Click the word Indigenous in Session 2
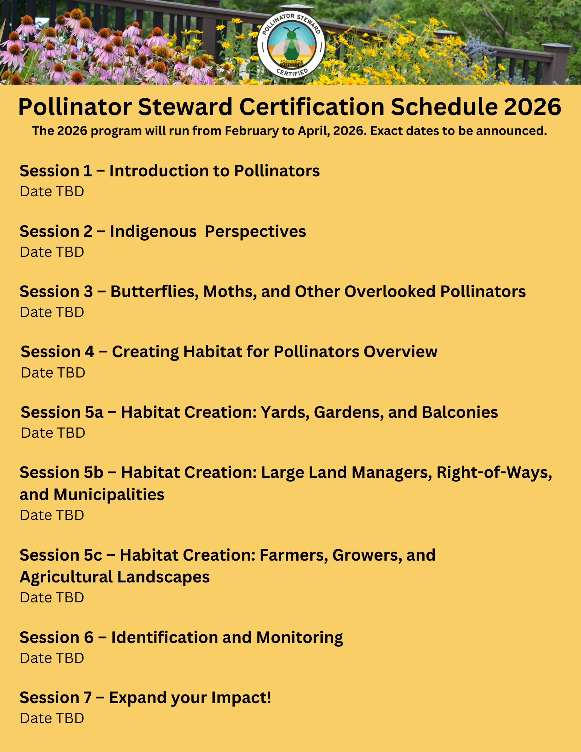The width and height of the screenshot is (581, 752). tap(153, 232)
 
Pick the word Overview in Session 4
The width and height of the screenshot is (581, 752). tap(400, 352)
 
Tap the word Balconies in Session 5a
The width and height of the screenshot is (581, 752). tap(460, 412)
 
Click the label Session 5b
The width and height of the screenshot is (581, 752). tap(61, 473)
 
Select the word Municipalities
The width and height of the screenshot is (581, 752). tap(109, 495)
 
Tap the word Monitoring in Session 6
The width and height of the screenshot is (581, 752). tap(299, 638)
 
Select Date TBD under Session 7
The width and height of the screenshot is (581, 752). tap(52, 718)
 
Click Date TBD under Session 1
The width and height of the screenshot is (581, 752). tap(52, 191)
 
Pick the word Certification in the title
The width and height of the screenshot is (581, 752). tap(312, 107)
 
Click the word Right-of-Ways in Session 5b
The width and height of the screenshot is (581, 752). tap(494, 473)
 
